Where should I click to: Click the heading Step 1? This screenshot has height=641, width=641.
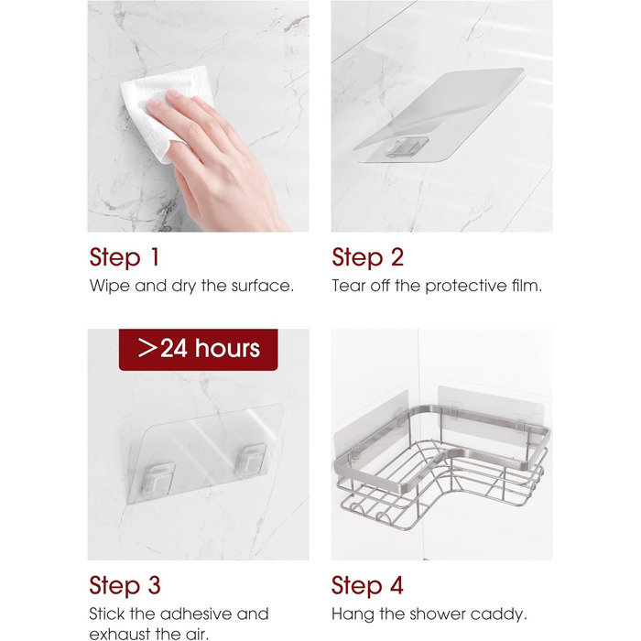pos(125,257)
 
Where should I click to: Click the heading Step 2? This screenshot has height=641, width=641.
pos(367,257)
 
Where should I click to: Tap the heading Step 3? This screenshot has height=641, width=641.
pos(125,585)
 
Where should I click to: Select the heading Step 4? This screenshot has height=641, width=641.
pos(367,585)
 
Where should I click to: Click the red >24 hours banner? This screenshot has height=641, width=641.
pos(199,350)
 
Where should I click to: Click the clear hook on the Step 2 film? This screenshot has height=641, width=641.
pos(407,146)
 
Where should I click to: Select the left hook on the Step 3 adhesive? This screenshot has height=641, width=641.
pos(158,480)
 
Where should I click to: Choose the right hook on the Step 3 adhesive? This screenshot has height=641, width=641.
pos(251,461)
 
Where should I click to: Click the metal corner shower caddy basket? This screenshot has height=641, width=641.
pos(441,466)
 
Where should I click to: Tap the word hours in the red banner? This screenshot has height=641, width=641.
pos(227,349)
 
